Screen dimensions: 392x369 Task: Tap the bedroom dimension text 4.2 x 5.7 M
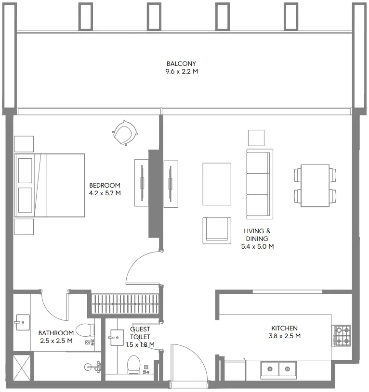pos(105,193)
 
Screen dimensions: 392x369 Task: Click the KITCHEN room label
pos(284,328)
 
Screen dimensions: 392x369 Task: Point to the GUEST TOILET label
pos(140,333)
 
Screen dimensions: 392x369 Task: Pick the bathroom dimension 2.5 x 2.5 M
pos(56,341)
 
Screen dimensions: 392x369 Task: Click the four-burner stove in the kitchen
pos(343,336)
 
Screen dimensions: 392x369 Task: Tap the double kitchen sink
pos(278,369)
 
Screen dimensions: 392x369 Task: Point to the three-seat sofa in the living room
pos(259,184)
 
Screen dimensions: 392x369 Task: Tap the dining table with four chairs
pos(315,185)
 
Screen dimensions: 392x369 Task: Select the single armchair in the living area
pos(215,229)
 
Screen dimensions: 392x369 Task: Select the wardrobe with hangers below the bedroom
pos(125,305)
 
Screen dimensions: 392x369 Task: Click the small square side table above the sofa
pos(256,138)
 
